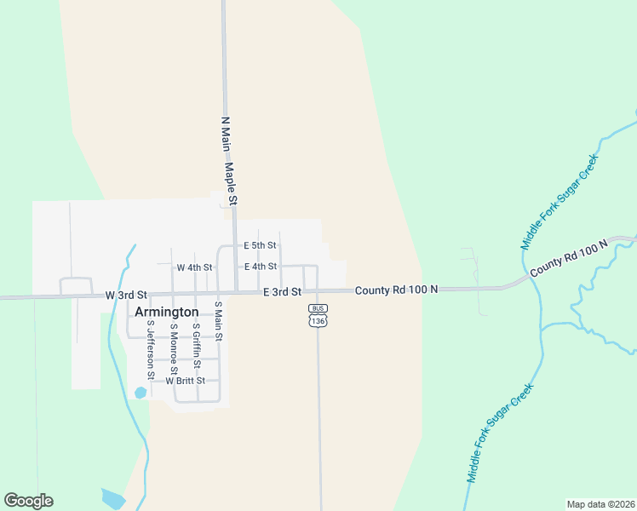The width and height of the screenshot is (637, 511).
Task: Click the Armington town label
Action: tap(167, 312)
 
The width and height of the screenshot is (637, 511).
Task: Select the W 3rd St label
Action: tap(127, 295)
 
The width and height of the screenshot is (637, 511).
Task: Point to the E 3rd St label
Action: tap(282, 291)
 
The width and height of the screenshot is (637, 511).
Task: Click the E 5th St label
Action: tap(260, 245)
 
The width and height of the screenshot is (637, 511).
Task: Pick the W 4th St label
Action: tap(194, 267)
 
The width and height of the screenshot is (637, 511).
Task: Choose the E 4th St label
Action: tap(260, 267)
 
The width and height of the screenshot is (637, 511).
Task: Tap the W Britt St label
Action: tap(186, 381)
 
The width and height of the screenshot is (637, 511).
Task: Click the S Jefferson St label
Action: tap(151, 350)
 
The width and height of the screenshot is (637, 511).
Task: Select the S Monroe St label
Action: tap(173, 348)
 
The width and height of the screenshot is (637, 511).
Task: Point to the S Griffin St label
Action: tap(196, 346)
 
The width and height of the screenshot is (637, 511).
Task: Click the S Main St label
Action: tap(218, 321)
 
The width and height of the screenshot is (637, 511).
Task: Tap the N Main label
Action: tap(226, 135)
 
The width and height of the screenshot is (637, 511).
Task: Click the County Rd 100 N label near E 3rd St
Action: tap(396, 290)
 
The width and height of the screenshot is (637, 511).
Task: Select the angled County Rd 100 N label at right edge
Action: tap(570, 258)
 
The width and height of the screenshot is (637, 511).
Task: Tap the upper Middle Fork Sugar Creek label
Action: tap(560, 202)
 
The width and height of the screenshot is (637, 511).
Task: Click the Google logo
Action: tap(28, 501)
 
